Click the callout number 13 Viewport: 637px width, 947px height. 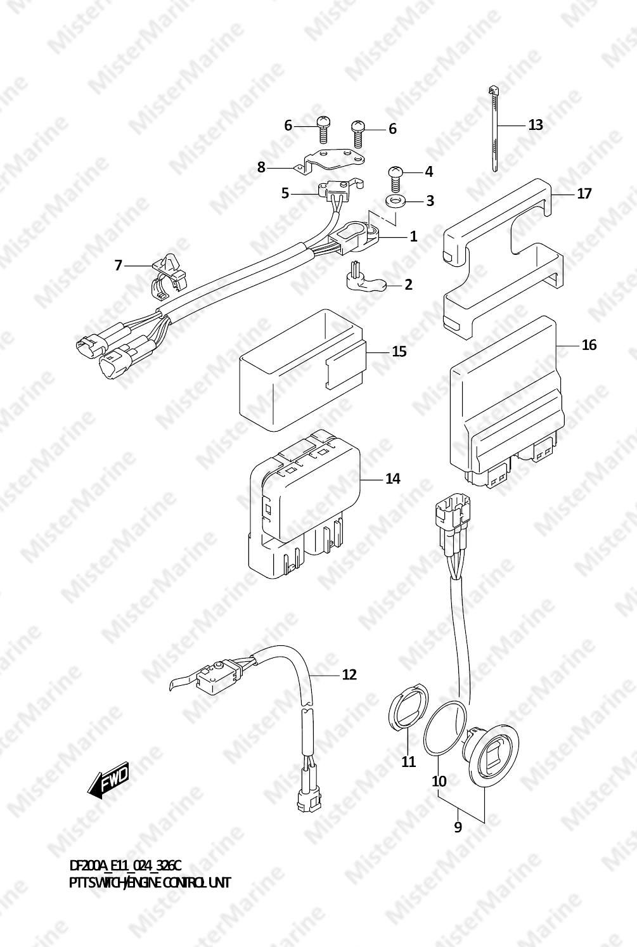coord(536,125)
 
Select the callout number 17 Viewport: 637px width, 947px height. coord(584,193)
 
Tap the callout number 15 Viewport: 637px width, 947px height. coord(399,351)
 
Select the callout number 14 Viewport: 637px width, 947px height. coord(393,479)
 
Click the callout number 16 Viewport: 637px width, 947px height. coord(589,345)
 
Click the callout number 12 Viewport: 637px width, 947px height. coord(349,674)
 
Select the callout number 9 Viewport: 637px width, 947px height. coord(458,827)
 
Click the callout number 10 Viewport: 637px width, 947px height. coord(439,782)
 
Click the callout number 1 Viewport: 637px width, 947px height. coord(413,236)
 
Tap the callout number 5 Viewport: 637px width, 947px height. coord(285,193)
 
